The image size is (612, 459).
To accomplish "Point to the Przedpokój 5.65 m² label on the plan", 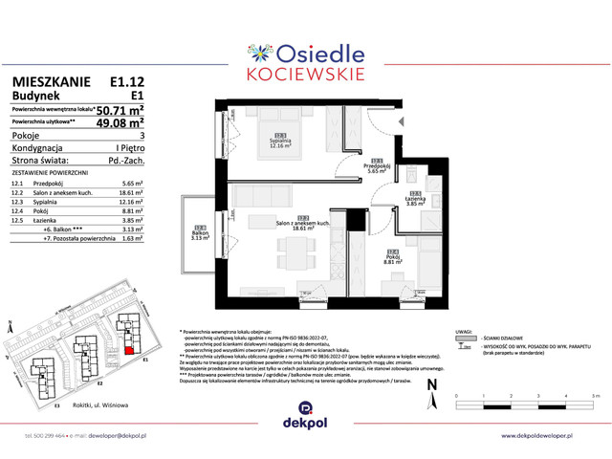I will (378, 167).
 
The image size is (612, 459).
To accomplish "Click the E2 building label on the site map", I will (99, 382).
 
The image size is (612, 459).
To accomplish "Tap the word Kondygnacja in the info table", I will (37, 148).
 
